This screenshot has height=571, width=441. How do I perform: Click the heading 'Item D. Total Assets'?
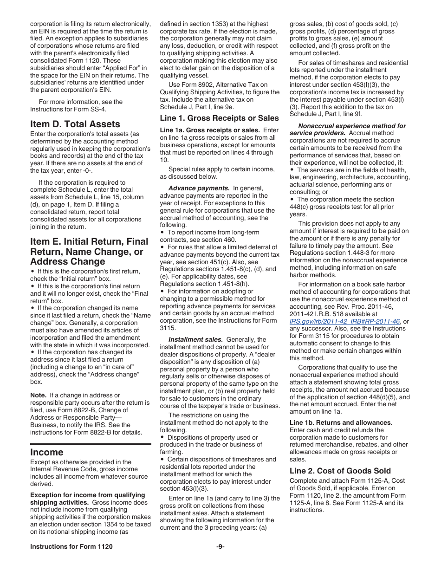[75, 124]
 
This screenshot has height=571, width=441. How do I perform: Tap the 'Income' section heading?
[47, 452]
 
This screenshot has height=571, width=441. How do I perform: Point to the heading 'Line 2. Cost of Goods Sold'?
[340, 471]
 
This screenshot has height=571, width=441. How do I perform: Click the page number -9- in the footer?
[220, 546]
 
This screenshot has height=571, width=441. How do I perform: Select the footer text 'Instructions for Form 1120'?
[71, 546]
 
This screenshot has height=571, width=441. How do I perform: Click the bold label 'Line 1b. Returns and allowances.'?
[341, 422]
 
